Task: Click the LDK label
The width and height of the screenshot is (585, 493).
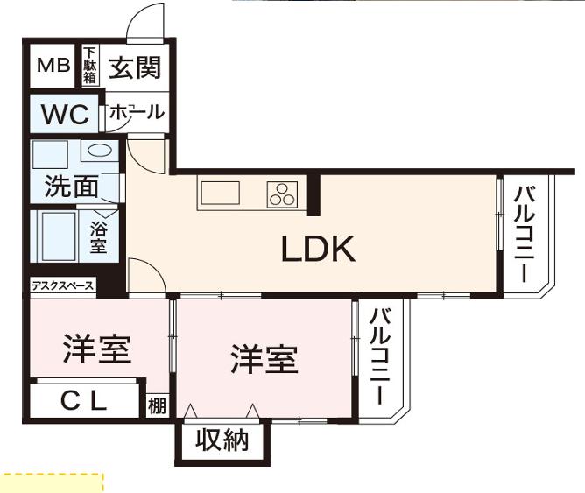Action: coord(318,249)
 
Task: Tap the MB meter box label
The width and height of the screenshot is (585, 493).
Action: coord(53,66)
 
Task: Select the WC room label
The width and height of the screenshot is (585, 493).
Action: coord(66,114)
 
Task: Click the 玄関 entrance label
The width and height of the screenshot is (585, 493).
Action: coord(135,67)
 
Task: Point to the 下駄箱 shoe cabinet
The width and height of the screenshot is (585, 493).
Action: coord(90,66)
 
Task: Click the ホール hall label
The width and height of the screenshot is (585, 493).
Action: coord(137,112)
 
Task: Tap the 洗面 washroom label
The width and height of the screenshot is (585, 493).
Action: coord(72,187)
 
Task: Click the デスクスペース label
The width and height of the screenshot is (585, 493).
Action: coord(62,286)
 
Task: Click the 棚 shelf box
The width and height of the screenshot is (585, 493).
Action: coord(157,405)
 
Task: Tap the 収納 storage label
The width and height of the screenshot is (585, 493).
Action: coord(222,440)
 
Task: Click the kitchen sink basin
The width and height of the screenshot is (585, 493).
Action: coord(221,193)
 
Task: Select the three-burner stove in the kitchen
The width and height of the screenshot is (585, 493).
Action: coord(282,194)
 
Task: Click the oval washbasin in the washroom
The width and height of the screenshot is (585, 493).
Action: coord(100,151)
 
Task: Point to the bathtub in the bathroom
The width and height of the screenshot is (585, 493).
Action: coord(60,236)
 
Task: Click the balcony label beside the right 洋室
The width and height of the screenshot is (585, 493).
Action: coord(380,356)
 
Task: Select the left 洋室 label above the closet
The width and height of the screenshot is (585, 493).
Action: coord(97,349)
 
